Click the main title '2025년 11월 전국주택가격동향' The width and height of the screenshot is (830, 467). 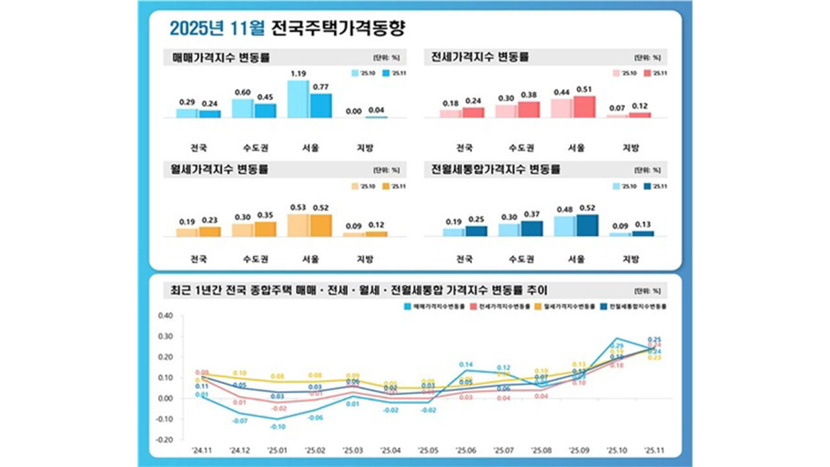pyautogui.click(x=289, y=28)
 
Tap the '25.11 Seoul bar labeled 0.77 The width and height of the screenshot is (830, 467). pyautogui.click(x=320, y=106)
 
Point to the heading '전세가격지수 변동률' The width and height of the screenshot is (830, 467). pyautogui.click(x=480, y=57)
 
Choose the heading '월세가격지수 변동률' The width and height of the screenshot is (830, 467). pyautogui.click(x=220, y=170)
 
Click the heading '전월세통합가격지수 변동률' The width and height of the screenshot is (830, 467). pyautogui.click(x=496, y=170)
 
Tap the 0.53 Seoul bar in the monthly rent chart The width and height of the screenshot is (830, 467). pyautogui.click(x=298, y=226)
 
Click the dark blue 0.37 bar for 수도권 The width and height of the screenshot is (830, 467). pyautogui.click(x=532, y=229)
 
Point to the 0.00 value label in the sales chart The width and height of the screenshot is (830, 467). pyautogui.click(x=354, y=111)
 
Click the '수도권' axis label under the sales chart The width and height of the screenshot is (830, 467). pyautogui.click(x=254, y=147)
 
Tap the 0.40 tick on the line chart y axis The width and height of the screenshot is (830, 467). pyautogui.click(x=166, y=316)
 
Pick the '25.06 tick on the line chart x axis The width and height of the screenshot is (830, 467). pyautogui.click(x=465, y=449)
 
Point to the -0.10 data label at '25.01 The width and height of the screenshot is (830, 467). pyautogui.click(x=278, y=427)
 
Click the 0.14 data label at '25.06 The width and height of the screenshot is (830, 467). pyautogui.click(x=465, y=365)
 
